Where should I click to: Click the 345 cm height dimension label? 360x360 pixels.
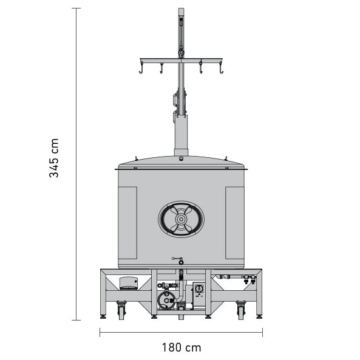tap(54, 158)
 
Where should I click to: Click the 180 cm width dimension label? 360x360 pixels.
tap(181, 348)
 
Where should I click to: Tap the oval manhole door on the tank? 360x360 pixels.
tap(181, 219)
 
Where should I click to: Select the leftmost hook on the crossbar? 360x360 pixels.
tap(141, 72)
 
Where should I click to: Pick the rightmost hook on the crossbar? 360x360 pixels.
tap(221, 72)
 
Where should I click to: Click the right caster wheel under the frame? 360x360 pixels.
tap(241, 311)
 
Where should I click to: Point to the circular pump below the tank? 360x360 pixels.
tap(166, 298)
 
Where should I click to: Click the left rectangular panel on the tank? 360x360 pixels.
tap(127, 223)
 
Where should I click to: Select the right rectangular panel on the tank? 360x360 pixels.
tap(234, 223)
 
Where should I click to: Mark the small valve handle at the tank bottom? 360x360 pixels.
tap(177, 259)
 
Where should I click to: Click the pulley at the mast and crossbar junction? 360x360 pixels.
tap(181, 55)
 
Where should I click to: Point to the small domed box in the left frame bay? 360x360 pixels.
tap(129, 282)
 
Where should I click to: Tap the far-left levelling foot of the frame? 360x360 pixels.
tap(103, 316)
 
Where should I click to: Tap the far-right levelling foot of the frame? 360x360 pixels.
tap(259, 316)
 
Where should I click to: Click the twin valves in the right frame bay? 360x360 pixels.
tap(248, 279)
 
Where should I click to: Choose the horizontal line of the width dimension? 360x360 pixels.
tap(181, 331)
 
